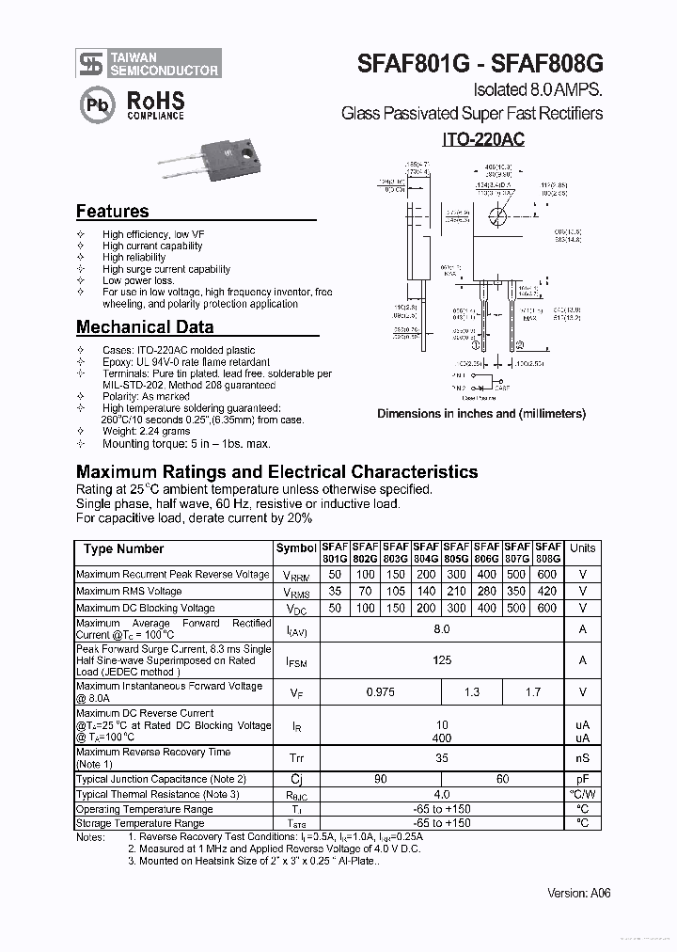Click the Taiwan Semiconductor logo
click(149, 63)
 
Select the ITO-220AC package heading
click(483, 138)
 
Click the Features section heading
click(112, 212)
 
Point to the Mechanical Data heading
click(144, 327)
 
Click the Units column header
click(582, 548)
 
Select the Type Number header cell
click(123, 548)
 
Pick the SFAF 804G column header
click(426, 552)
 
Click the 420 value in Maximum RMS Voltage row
click(547, 592)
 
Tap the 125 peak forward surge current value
click(441, 660)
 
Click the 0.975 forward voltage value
click(380, 692)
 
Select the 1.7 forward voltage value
click(532, 692)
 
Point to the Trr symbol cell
click(295, 758)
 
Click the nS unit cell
click(582, 758)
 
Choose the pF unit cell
click(582, 780)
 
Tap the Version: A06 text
click(578, 893)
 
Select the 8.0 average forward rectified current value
click(441, 629)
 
